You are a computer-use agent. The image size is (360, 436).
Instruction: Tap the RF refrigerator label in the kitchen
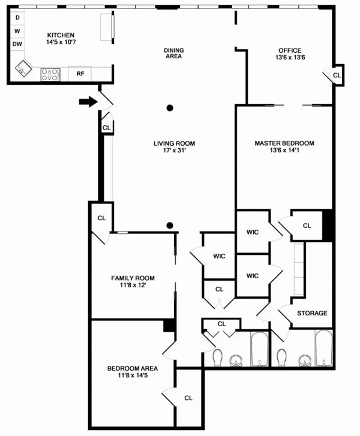[80, 74]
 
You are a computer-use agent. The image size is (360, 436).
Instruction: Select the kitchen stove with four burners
[50, 74]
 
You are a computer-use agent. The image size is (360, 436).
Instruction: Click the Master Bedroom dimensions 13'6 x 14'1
[284, 151]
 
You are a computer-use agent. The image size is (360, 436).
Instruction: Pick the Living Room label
[174, 143]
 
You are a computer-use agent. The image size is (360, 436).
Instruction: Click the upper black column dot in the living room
[170, 108]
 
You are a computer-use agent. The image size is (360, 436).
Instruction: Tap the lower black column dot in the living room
[170, 225]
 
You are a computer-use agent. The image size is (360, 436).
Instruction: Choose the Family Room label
[133, 278]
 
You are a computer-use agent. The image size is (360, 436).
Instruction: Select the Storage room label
[312, 313]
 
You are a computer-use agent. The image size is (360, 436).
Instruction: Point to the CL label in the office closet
[336, 76]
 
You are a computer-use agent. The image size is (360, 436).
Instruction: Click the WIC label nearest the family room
[219, 256]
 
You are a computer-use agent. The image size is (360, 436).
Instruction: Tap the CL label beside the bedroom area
[188, 397]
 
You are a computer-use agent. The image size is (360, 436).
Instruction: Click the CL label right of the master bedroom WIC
[307, 225]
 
